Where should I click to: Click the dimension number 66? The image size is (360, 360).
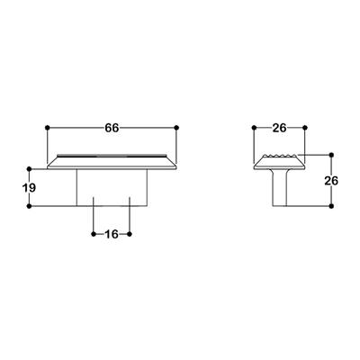[112, 128]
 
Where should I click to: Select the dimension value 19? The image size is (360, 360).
[29, 187]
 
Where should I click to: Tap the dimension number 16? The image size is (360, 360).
[112, 234]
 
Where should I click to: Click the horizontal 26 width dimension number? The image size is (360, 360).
[279, 129]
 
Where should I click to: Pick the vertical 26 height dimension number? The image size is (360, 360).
[330, 180]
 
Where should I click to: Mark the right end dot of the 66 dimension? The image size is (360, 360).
[176, 129]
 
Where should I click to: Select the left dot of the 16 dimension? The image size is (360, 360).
[94, 234]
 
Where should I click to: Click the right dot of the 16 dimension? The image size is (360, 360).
[131, 234]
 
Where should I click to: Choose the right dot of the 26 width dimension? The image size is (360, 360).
[305, 129]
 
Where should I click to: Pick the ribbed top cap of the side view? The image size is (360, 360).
[280, 161]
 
